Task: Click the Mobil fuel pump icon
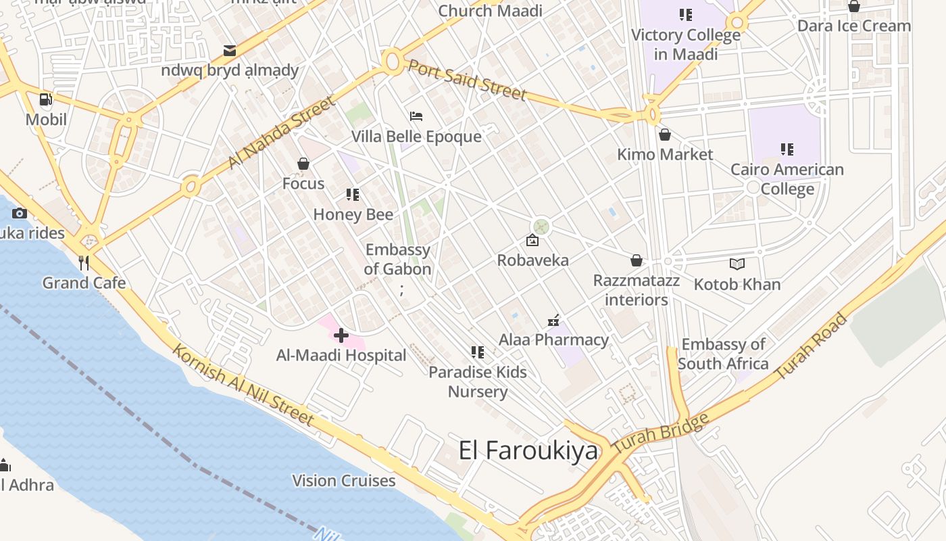point(46,100)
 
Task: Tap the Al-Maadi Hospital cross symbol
point(341,335)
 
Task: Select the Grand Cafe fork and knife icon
point(84,262)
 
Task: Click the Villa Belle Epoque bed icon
point(416,116)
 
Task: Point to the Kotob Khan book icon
point(737,264)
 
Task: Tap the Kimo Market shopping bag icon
point(665,135)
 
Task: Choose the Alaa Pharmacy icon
point(553,321)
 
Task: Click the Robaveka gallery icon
point(532,240)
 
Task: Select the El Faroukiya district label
point(528,450)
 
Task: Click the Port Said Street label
point(467,80)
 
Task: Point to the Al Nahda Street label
point(281,133)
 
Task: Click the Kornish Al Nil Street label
point(243,385)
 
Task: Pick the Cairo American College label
point(787,179)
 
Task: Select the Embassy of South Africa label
point(723,354)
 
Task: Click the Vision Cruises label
point(343,481)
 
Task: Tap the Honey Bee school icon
point(353,195)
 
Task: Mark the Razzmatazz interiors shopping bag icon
point(636,260)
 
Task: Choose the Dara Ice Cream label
point(854,26)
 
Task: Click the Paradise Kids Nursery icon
point(478,352)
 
